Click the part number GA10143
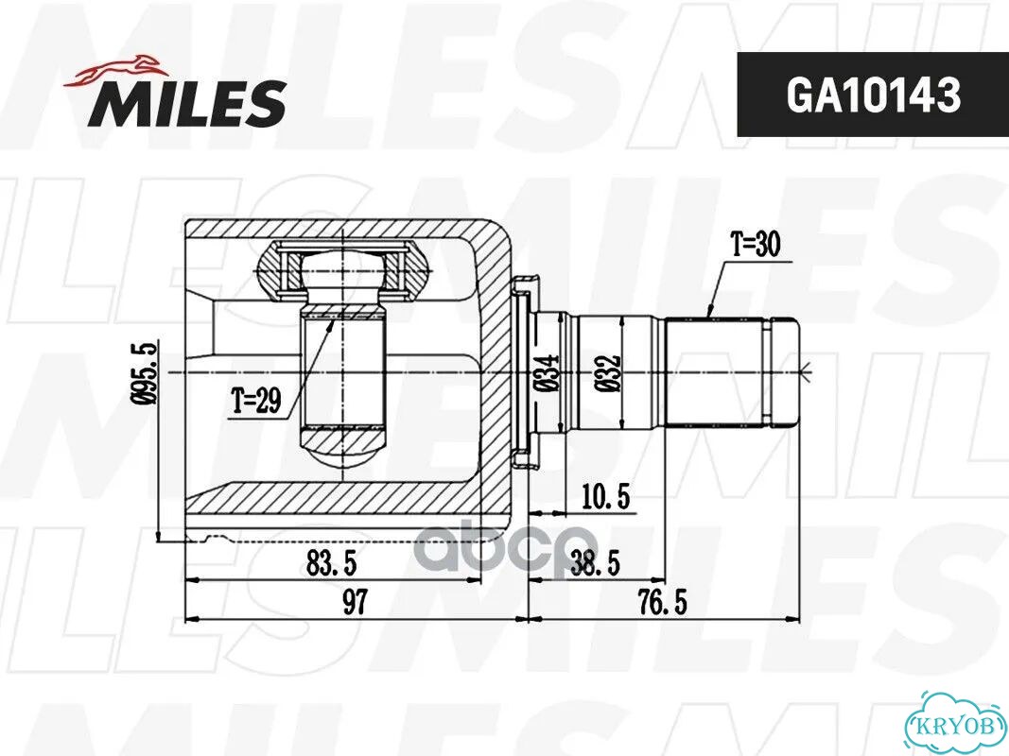point(873,95)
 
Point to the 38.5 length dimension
point(595,563)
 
